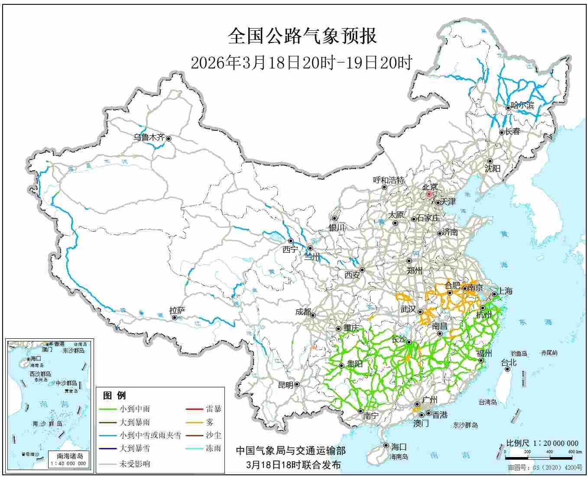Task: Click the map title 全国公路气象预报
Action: pos(302,36)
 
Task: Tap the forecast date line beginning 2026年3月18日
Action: pos(301,63)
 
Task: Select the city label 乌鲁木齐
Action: pos(149,138)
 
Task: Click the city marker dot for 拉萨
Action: pos(175,318)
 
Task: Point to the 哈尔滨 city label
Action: pos(523,105)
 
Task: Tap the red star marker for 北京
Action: pos(429,195)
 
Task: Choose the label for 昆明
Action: pos(285,385)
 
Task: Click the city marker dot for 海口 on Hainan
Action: pos(386,445)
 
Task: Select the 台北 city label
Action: pos(509,363)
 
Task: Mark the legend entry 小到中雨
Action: pos(135,409)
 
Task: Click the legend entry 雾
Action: pos(210,422)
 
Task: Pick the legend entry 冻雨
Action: pos(213,448)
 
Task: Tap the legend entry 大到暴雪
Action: pos(135,448)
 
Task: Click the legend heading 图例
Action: pos(114,396)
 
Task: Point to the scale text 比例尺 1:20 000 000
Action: pos(542,443)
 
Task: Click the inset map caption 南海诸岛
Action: pos(70,456)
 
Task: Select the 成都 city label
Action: pos(303,312)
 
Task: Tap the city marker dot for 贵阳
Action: pos(341,366)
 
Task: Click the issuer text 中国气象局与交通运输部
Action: pos(291,451)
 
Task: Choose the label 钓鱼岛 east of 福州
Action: pos(518,354)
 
